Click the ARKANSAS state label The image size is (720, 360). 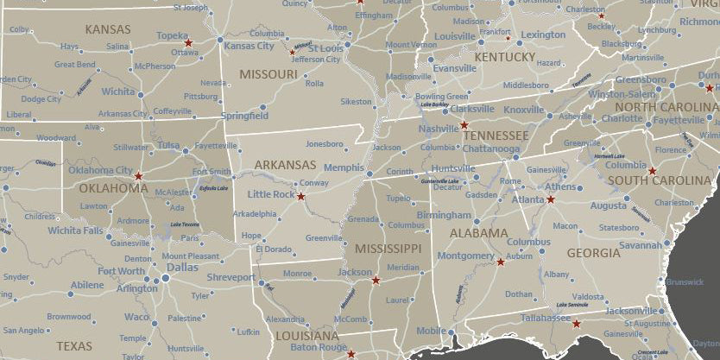[x=285, y=165]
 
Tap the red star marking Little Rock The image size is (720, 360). [x=301, y=197]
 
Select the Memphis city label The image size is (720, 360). [x=344, y=167]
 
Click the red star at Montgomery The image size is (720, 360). [x=501, y=262]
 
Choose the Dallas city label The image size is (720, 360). [x=181, y=268]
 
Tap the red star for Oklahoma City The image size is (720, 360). [x=139, y=176]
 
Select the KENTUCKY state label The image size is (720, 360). [x=505, y=57]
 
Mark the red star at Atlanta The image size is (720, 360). [x=550, y=199]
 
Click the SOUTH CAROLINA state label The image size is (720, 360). [x=659, y=180]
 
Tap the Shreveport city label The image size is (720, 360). [x=231, y=277]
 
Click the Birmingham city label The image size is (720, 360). [x=444, y=214]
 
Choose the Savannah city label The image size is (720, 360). [x=640, y=245]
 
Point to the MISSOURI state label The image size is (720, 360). [x=268, y=74]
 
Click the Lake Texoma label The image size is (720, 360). [x=184, y=224]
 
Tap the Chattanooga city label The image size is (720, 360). [x=491, y=148]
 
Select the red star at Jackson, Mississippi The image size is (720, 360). [x=376, y=280]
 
